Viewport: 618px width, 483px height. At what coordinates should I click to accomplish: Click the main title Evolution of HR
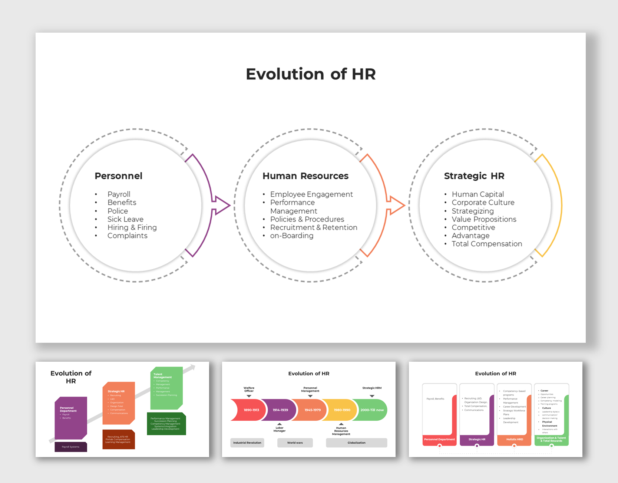pyautogui.click(x=311, y=74)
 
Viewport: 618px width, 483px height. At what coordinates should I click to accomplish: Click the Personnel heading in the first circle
pyautogui.click(x=118, y=176)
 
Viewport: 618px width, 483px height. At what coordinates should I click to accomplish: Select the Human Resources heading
pyautogui.click(x=305, y=176)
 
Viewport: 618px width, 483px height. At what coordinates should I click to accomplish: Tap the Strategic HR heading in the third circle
pyautogui.click(x=474, y=176)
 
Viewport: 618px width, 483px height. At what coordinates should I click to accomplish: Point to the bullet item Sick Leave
pyautogui.click(x=125, y=219)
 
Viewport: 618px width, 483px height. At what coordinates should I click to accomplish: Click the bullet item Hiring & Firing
pyautogui.click(x=132, y=227)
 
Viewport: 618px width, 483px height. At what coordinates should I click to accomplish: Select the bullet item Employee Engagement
pyautogui.click(x=311, y=194)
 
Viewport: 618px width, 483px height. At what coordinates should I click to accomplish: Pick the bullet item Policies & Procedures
pyautogui.click(x=307, y=219)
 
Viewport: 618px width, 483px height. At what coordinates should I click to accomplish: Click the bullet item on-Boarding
pyautogui.click(x=291, y=236)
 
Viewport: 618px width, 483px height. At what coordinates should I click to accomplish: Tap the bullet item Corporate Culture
pyautogui.click(x=483, y=203)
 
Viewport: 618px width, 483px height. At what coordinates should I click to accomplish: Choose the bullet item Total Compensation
pyautogui.click(x=486, y=244)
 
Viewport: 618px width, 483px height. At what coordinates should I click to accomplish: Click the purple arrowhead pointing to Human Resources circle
pyautogui.click(x=222, y=205)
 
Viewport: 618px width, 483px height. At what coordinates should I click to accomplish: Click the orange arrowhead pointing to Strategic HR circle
pyautogui.click(x=396, y=205)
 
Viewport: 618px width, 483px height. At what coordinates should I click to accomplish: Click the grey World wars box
pyautogui.click(x=295, y=443)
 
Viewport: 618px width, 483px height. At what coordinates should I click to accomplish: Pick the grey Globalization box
pyautogui.click(x=356, y=443)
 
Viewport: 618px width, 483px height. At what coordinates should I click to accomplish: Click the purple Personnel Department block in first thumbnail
pyautogui.click(x=71, y=417)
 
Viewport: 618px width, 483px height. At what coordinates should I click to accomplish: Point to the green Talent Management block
pyautogui.click(x=166, y=388)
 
